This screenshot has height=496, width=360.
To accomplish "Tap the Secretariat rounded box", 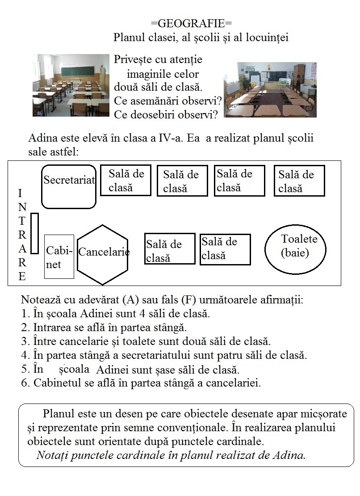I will [69, 187].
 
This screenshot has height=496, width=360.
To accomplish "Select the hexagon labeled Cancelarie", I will [103, 254].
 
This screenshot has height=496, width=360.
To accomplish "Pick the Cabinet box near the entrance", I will [59, 256].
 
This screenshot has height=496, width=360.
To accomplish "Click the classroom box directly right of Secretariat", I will [126, 180].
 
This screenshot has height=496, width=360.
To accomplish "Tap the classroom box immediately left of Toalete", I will [225, 249].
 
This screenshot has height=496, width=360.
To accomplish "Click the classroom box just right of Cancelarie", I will [170, 249].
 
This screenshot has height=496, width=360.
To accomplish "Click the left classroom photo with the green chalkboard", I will [71, 85].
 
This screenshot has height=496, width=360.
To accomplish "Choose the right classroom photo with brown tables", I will [270, 89].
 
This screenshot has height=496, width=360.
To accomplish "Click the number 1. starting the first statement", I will [25, 314].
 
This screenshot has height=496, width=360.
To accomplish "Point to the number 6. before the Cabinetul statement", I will [25, 383].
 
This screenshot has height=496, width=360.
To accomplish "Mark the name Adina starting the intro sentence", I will [42, 138].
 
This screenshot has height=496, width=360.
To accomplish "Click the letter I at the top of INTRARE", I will [20, 193].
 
